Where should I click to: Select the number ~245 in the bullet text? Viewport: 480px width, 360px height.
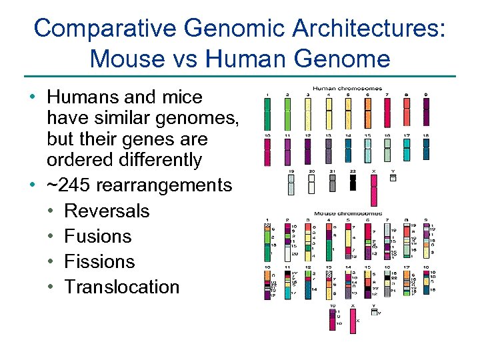73,185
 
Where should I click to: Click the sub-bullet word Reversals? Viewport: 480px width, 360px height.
107,211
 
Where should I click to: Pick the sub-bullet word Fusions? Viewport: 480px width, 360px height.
98,236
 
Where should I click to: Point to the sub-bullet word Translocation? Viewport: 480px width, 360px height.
122,287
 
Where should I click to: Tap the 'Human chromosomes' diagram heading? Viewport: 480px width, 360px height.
347,87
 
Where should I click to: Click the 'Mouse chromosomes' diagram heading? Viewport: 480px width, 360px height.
347,214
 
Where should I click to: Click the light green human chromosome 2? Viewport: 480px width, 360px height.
287,113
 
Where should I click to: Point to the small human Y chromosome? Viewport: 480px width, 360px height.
393,178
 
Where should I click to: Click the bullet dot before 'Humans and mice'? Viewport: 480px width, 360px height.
32,97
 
